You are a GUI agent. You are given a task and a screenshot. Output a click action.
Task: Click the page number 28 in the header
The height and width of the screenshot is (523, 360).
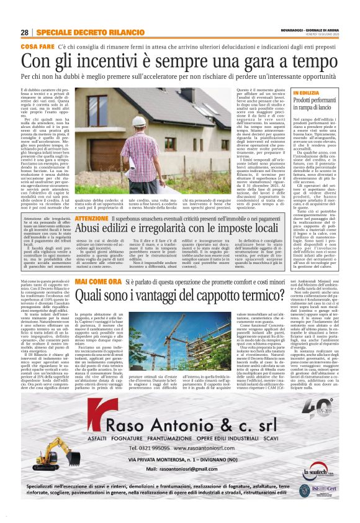click(x=24, y=32)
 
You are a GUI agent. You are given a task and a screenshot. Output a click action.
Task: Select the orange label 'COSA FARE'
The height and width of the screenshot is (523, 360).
click(x=37, y=47)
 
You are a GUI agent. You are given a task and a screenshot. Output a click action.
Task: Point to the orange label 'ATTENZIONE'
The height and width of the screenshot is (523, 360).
click(x=91, y=219)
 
